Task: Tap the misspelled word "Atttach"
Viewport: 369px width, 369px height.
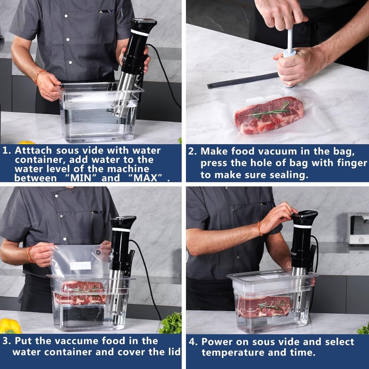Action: pos(34,151)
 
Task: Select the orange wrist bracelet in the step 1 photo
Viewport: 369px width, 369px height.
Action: pos(40,74)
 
